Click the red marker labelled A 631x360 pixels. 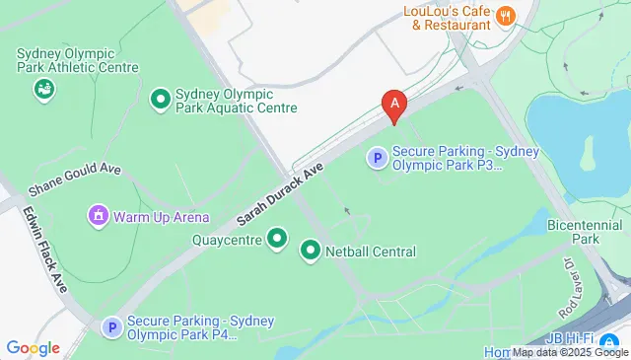point(395,103)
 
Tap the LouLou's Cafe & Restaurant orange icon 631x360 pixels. point(505,15)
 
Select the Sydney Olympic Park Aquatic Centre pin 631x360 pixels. point(160,99)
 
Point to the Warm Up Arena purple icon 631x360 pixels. point(98,215)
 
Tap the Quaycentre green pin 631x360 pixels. point(277,239)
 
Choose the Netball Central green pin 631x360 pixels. point(311,252)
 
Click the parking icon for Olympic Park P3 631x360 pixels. point(377,156)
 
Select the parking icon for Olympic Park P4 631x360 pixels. point(112,326)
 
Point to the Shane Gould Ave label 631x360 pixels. point(74,179)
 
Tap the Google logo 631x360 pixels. point(33,348)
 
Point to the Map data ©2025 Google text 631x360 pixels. point(569,352)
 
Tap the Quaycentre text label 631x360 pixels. point(227,239)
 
